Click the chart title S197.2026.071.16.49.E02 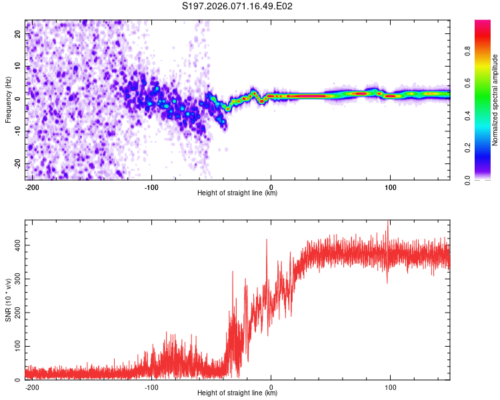tap(238, 7)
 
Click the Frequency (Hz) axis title tap(8, 99)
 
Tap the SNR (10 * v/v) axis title tap(8, 299)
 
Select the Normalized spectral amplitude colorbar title tap(495, 100)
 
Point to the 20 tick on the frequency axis tap(18, 35)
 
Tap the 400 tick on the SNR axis tap(15, 245)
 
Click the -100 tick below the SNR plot tap(151, 387)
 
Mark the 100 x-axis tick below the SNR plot tap(390, 387)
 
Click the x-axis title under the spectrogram tap(237, 193)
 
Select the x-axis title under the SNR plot tap(237, 393)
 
